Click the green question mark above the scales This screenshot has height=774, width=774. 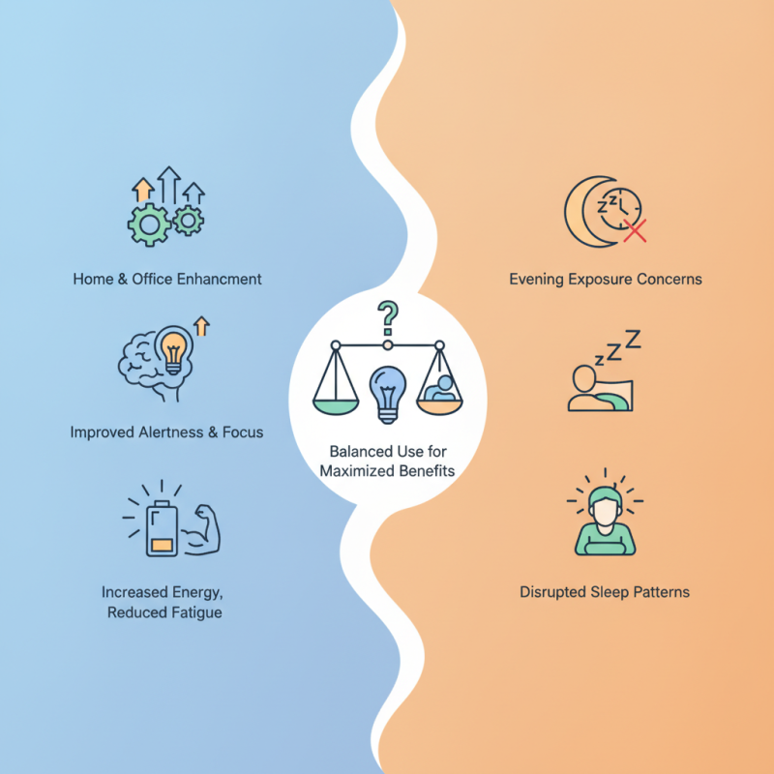pyautogui.click(x=389, y=317)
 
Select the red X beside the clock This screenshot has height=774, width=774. pyautogui.click(x=635, y=231)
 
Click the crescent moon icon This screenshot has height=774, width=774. pyautogui.click(x=582, y=211)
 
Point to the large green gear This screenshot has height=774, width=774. pyautogui.click(x=149, y=225)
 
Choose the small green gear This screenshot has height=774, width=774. pyautogui.click(x=188, y=221)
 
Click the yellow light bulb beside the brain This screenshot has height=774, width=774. pyautogui.click(x=173, y=349)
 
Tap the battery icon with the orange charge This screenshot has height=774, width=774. pyautogui.click(x=162, y=528)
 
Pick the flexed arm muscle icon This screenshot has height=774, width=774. pyautogui.click(x=201, y=529)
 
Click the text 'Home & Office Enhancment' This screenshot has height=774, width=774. pyautogui.click(x=167, y=279)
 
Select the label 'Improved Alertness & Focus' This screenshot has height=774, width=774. pyautogui.click(x=166, y=432)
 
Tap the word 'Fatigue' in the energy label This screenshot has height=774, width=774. pyautogui.click(x=194, y=612)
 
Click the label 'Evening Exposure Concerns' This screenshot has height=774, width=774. pyautogui.click(x=606, y=279)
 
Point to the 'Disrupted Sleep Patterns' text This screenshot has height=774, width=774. pyautogui.click(x=605, y=592)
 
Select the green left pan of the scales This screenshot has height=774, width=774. pyautogui.click(x=336, y=406)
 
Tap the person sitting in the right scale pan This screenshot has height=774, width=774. pyautogui.click(x=440, y=389)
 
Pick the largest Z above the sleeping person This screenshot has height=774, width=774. pyautogui.click(x=633, y=339)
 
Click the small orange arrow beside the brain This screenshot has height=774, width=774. pyautogui.click(x=201, y=326)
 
